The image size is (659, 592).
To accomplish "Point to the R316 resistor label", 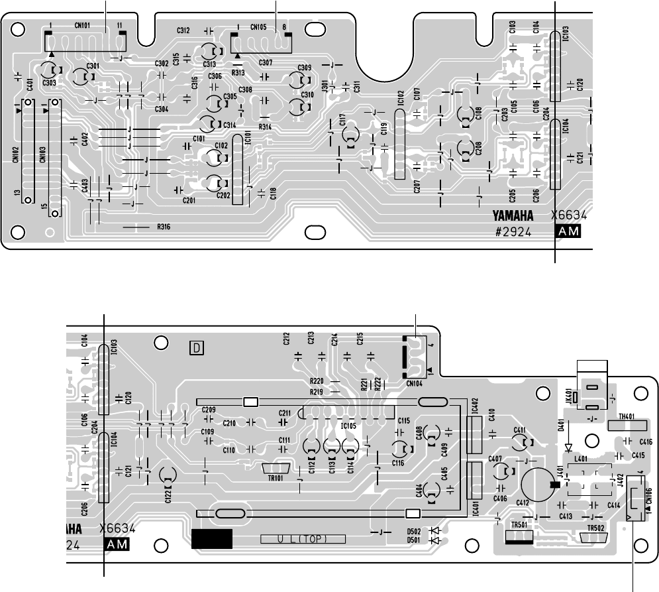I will [x=164, y=227].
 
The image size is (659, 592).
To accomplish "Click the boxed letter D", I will [x=196, y=347].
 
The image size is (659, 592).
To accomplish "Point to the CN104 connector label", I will [x=415, y=383].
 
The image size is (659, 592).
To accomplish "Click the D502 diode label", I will [x=414, y=530].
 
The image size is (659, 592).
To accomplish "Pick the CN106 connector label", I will [x=648, y=495].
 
